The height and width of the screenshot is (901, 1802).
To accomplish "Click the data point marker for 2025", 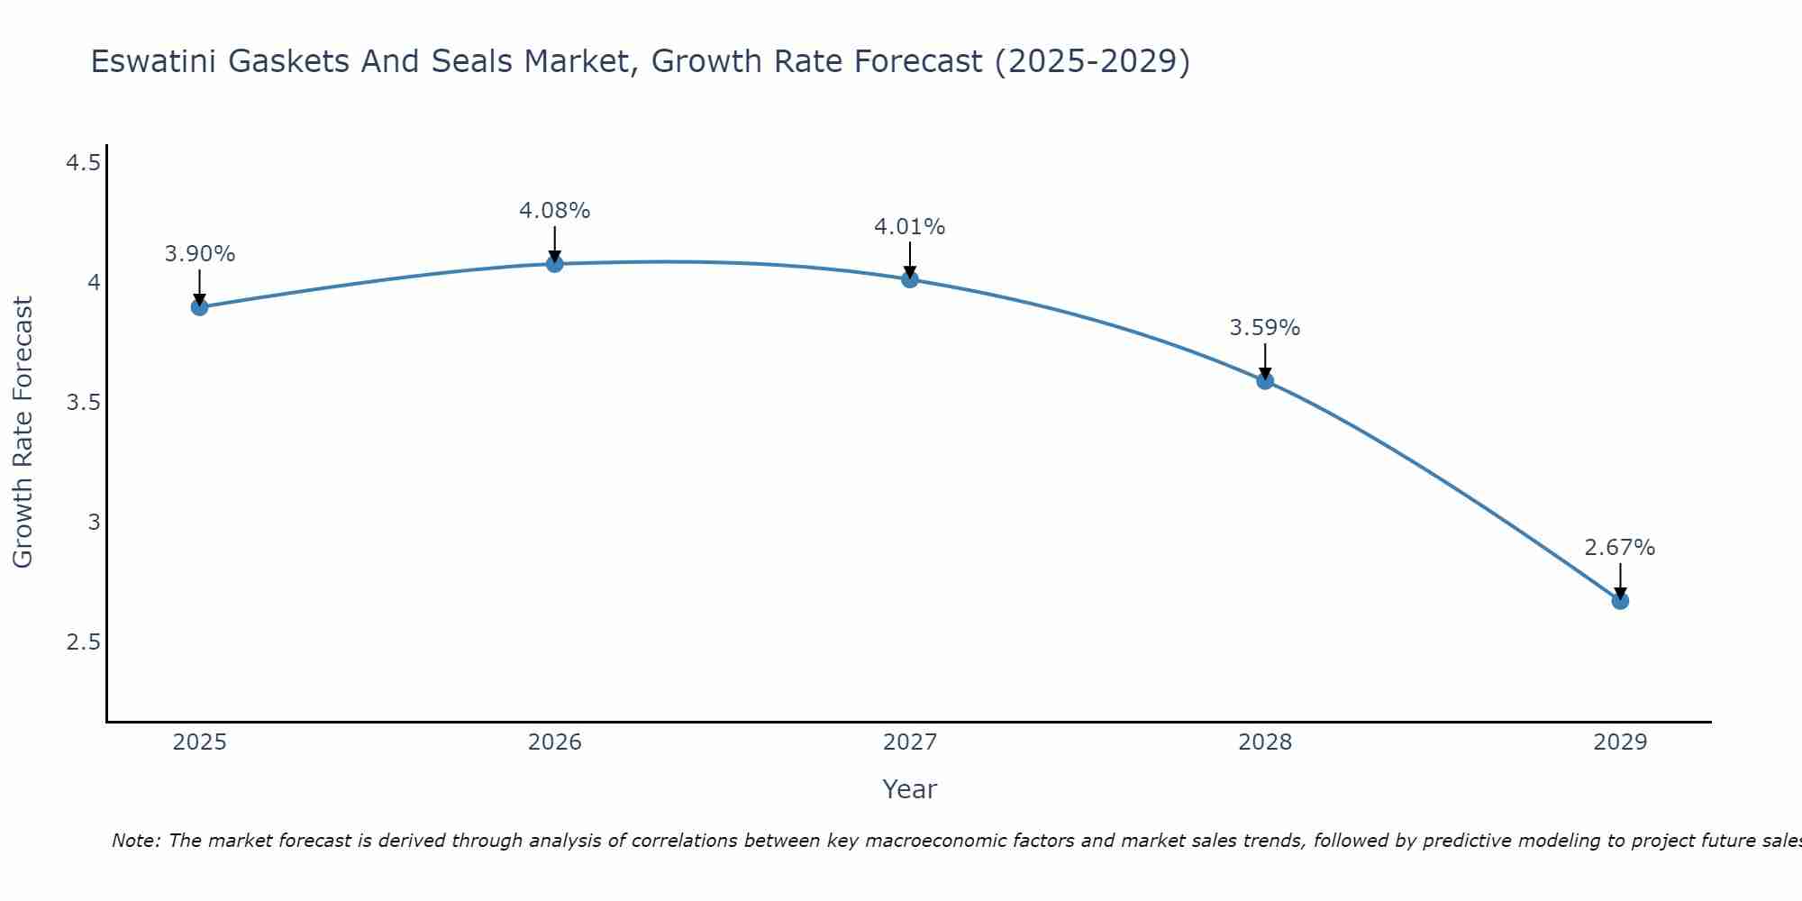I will (200, 307).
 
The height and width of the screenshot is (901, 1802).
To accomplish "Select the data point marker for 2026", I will (555, 264).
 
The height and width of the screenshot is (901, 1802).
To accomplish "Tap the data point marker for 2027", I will (910, 279).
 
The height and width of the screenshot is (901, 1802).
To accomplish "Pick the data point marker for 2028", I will (1265, 380).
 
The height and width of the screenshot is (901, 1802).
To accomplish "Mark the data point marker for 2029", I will (1620, 601).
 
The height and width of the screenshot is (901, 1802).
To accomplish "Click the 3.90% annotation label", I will (200, 254).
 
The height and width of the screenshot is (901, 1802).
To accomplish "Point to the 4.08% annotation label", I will (555, 211).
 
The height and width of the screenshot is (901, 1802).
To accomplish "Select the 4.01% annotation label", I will (910, 227).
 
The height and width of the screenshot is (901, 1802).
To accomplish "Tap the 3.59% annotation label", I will (1265, 328).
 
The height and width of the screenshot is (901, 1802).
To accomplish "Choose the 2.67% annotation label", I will (1620, 548).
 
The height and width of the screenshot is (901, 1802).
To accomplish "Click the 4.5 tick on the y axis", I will (84, 163).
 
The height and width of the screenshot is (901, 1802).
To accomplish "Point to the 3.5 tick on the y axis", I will (84, 403).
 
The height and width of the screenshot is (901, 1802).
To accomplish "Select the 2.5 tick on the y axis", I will (84, 642).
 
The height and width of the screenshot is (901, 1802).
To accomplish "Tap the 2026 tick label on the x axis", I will (555, 742).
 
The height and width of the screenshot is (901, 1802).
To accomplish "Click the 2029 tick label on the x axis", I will (1620, 742).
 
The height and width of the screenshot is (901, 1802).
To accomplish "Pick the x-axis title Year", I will (910, 789).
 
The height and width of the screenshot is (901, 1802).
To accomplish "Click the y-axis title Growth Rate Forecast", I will (23, 432).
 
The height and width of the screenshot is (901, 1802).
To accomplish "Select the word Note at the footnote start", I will (135, 841).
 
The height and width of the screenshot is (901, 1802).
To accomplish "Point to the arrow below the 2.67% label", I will (1620, 580).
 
